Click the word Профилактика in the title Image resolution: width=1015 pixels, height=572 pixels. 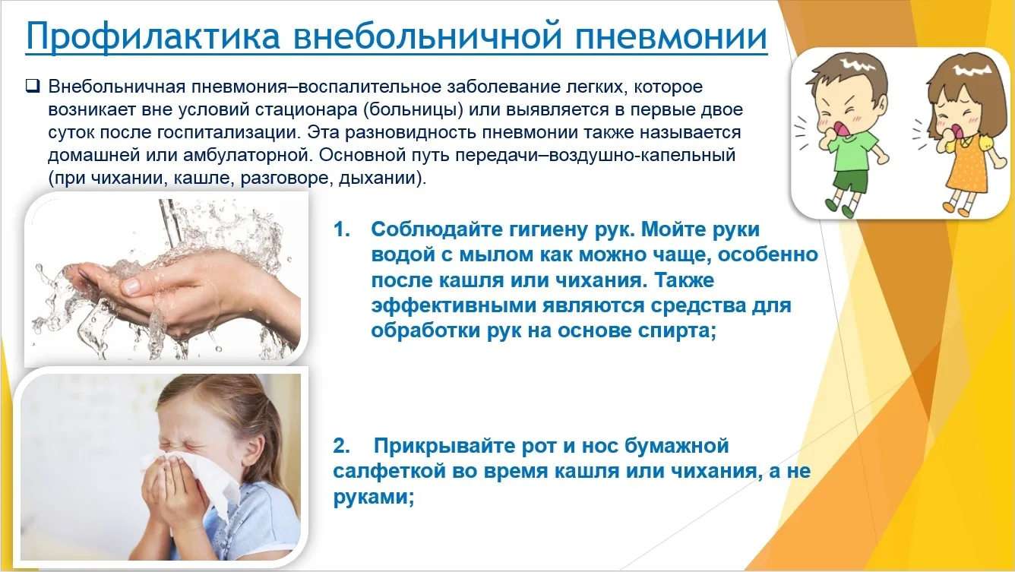tap(153, 36)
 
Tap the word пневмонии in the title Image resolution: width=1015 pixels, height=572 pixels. tap(671, 36)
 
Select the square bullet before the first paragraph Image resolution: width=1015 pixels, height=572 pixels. tap(33, 85)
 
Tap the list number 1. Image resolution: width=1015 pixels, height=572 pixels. tap(342, 229)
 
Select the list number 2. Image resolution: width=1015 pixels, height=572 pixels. tap(342, 446)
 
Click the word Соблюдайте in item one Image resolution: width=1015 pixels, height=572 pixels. tap(436, 229)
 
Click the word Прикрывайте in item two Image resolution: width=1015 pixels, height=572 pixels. tap(445, 447)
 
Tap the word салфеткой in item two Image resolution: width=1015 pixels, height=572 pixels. tap(390, 472)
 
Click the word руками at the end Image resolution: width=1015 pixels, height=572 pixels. tap(374, 498)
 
